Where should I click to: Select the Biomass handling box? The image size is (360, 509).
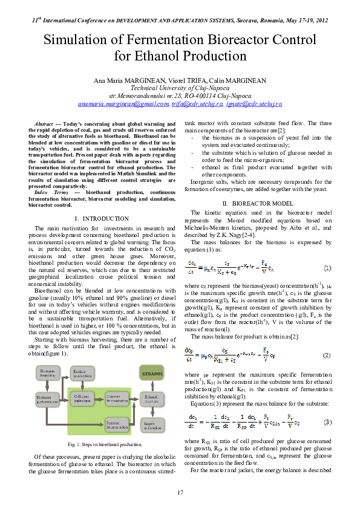pyautogui.click(x=48, y=373)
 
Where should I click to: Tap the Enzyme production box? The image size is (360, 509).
pyautogui.click(x=82, y=374)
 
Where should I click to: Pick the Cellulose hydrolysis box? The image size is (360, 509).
pyautogui.click(x=82, y=399)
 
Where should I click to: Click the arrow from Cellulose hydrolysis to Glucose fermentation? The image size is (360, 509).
pyautogui.click(x=99, y=399)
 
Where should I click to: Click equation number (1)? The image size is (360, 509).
pyautogui.click(x=327, y=268)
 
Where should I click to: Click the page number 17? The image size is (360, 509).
pyautogui.click(x=180, y=493)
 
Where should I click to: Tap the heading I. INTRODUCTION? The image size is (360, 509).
pyautogui.click(x=101, y=218)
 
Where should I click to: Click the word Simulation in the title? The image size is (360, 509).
pyautogui.click(x=82, y=41)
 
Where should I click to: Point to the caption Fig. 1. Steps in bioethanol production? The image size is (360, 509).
pyautogui.click(x=101, y=445)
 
